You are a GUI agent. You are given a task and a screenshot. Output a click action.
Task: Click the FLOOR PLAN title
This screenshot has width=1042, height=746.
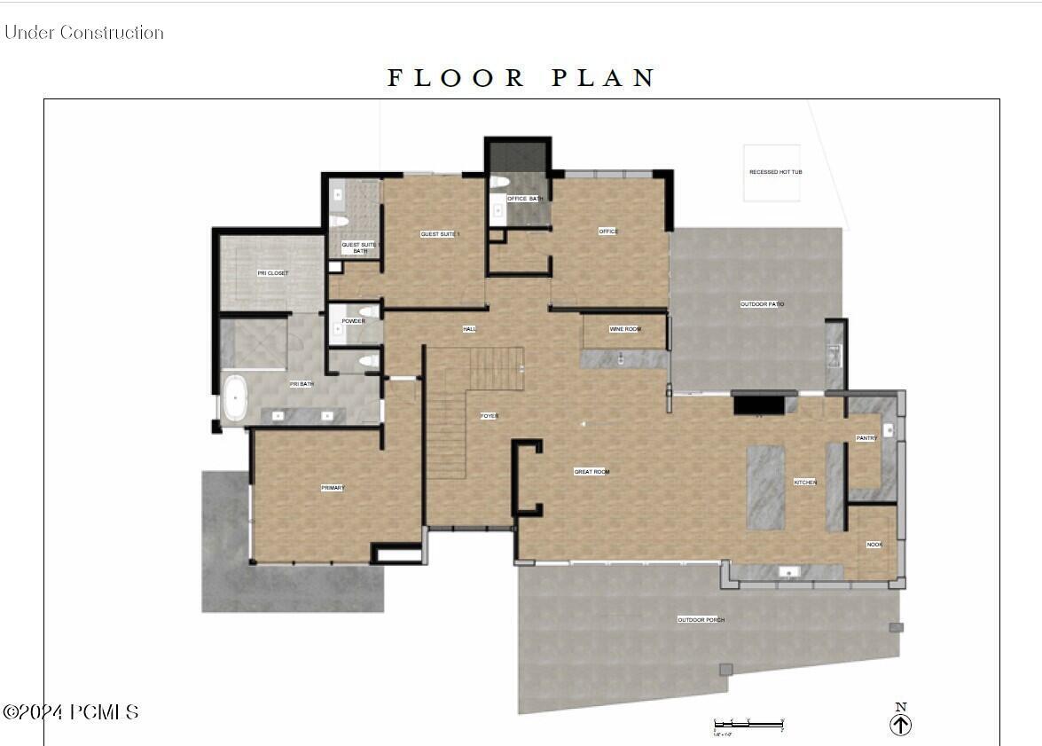521,78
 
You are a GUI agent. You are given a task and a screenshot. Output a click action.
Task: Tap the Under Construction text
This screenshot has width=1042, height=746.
84,33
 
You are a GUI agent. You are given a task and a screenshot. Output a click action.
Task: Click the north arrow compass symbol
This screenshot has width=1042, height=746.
900,724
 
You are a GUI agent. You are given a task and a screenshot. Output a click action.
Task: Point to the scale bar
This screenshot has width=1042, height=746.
748,725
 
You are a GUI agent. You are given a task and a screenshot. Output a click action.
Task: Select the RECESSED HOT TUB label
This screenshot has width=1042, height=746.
775,172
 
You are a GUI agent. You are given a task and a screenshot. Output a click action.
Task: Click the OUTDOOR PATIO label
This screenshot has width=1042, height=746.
762,304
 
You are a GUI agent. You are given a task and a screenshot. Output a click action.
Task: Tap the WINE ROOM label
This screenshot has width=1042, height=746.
624,329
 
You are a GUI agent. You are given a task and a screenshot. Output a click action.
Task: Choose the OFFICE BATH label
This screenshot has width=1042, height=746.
523,199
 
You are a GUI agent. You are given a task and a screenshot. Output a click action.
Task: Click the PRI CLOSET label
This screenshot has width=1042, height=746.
272,273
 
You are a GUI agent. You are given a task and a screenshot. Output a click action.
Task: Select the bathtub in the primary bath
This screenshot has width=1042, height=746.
234,398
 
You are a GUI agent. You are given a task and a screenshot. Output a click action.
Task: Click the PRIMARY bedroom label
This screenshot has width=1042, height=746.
333,488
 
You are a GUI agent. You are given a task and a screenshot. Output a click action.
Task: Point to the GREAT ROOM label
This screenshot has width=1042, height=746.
592,472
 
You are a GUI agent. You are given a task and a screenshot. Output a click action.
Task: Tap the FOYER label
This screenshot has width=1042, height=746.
489,416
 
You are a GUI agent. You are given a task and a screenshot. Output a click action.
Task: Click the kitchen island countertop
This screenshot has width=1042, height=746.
764,487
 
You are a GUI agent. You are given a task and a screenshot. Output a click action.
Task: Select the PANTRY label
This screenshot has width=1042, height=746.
866,438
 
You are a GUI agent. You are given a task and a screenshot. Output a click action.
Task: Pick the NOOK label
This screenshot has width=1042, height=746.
874,545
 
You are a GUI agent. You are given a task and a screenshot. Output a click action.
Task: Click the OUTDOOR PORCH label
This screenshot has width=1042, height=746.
701,620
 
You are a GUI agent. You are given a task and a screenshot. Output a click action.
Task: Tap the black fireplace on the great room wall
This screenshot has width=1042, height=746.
758,404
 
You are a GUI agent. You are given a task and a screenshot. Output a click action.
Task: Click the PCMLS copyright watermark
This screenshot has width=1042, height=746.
71,711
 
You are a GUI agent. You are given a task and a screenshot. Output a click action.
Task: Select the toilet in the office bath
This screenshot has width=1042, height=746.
499,182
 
